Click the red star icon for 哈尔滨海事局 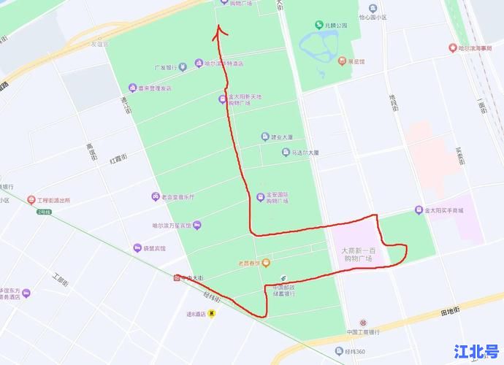coord(453,48)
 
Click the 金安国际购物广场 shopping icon coord(261,196)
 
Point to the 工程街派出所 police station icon coord(31,199)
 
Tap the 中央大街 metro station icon coord(177,277)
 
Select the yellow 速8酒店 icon coord(212,314)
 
